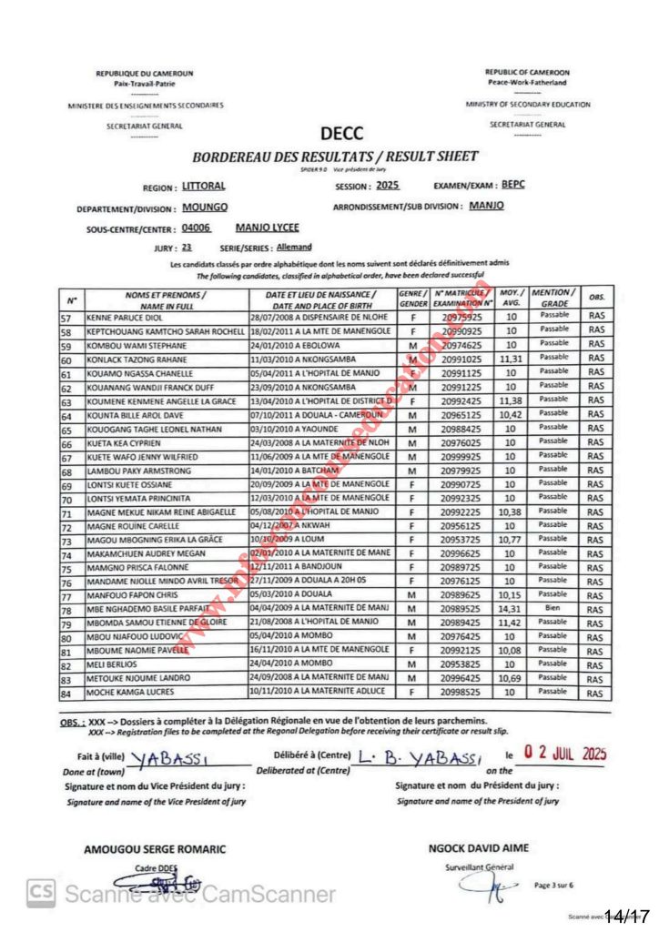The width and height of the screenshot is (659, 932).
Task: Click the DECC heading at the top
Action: pos(341,134)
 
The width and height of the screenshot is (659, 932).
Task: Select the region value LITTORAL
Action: pos(204,186)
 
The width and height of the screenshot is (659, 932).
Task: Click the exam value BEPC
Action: pos(513,184)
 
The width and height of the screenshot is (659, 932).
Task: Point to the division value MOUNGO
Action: pos(205,208)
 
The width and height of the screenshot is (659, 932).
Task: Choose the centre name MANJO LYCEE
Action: pos(267,228)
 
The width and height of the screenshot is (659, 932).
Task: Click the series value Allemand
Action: pos(293,247)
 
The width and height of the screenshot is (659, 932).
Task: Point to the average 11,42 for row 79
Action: pos(512,623)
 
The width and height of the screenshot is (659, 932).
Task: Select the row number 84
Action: pos(66,694)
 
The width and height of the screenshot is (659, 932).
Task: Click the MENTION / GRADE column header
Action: pos(553,297)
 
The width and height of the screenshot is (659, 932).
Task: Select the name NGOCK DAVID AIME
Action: pos(478,847)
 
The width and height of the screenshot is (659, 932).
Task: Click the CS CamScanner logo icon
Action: pos(38,893)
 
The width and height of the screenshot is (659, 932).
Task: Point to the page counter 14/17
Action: pos(631,913)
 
